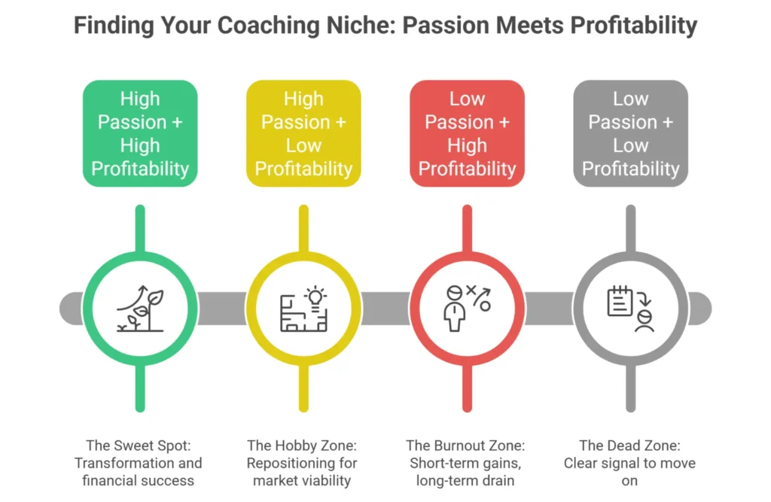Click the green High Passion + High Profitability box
tap(140, 133)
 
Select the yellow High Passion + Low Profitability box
tap(303, 133)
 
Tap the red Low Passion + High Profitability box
tap(467, 133)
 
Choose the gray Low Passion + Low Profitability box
tap(630, 133)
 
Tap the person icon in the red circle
tap(453, 309)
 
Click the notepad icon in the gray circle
tap(619, 300)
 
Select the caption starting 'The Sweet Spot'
tap(140, 462)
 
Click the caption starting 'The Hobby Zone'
tap(303, 462)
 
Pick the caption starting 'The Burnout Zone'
tap(467, 462)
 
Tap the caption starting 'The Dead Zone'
tap(630, 462)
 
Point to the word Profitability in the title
tap(633, 26)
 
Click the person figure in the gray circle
tap(644, 319)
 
